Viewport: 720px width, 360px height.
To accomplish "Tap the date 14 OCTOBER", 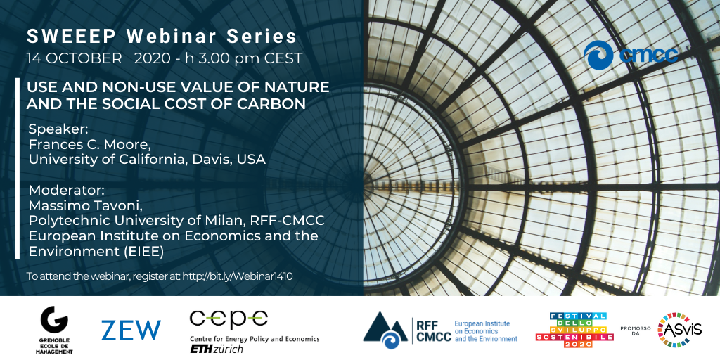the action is [x=75, y=59].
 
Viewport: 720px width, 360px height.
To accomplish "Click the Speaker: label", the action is [x=58, y=130].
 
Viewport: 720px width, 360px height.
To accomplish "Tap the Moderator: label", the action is [x=67, y=190].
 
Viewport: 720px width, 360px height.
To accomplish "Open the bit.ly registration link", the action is [x=238, y=276].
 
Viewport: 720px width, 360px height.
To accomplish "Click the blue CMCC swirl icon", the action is [x=598, y=55].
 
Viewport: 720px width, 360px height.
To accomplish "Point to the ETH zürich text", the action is [x=217, y=349].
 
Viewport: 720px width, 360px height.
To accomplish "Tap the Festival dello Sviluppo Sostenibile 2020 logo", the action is [x=574, y=330].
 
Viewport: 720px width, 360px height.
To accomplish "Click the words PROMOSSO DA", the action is [x=636, y=330].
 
